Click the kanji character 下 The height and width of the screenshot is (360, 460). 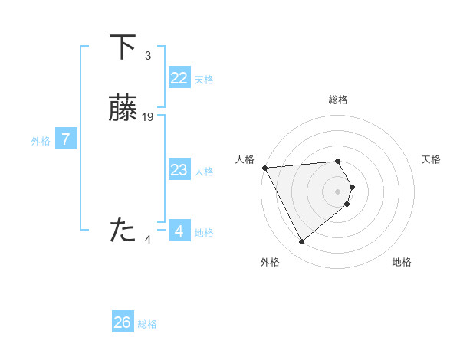click(x=123, y=47)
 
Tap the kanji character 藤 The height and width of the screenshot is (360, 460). click(x=123, y=110)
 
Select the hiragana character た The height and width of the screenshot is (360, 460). click(x=123, y=231)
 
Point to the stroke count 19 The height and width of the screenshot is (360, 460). click(x=149, y=117)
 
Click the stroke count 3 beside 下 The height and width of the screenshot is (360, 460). click(x=148, y=55)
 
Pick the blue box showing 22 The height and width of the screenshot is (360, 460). click(x=179, y=78)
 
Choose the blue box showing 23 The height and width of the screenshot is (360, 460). click(x=179, y=170)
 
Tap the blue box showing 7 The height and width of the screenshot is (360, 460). click(x=66, y=139)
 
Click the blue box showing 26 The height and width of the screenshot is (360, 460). click(x=122, y=322)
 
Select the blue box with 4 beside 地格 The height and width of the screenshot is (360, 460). click(x=179, y=231)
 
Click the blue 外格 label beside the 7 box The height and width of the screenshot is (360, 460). click(x=41, y=141)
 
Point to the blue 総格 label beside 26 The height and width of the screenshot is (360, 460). click(x=148, y=324)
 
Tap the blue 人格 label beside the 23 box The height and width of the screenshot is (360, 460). click(x=205, y=172)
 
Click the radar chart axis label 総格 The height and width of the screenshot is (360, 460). click(x=338, y=100)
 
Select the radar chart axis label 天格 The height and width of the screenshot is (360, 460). click(x=431, y=159)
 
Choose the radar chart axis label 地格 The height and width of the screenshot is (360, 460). click(x=402, y=262)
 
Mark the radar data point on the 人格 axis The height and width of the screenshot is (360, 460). click(x=264, y=168)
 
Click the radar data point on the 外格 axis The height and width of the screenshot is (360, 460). click(x=301, y=242)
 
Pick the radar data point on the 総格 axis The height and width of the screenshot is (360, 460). click(x=338, y=161)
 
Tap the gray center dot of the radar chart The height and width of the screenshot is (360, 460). click(x=338, y=191)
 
